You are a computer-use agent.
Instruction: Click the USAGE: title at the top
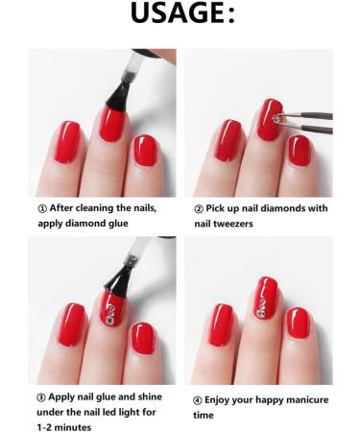[182, 12]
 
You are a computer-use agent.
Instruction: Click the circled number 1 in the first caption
[42, 208]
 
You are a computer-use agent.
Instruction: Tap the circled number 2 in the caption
[199, 209]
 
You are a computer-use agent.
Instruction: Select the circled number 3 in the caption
[41, 397]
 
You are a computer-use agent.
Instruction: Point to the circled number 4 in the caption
[198, 400]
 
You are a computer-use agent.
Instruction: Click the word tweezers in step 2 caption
[233, 224]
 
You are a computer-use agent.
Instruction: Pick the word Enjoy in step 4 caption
[216, 400]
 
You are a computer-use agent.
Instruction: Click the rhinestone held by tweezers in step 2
[276, 119]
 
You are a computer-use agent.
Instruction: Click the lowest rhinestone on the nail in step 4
[260, 314]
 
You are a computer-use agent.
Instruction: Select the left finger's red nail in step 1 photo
[67, 142]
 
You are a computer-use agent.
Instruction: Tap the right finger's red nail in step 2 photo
[300, 151]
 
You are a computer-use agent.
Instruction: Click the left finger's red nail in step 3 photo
[71, 324]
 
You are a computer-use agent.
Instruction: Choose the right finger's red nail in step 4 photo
[298, 324]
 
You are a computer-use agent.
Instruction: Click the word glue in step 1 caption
[118, 224]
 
